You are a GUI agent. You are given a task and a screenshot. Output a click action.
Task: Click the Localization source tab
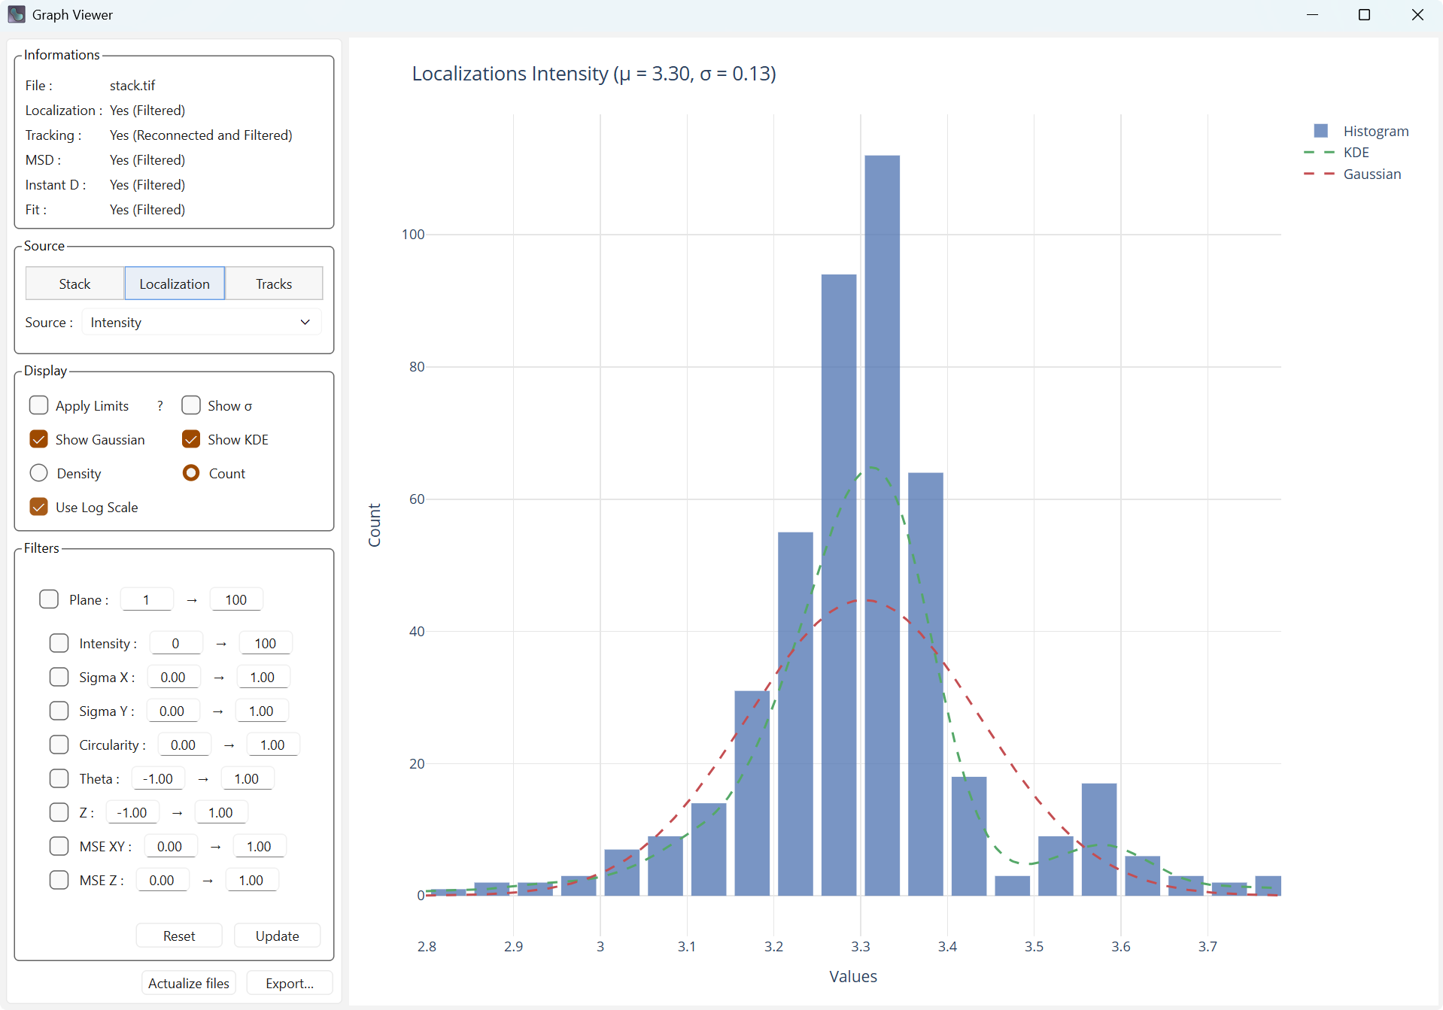tap(175, 284)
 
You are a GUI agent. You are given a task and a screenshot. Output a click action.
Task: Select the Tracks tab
tap(274, 284)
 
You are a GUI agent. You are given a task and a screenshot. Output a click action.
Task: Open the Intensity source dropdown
tap(201, 323)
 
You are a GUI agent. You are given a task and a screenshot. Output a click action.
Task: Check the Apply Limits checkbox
tap(39, 405)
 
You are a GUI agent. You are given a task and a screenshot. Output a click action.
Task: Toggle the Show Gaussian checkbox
tap(39, 439)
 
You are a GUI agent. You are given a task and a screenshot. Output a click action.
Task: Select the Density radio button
tap(39, 473)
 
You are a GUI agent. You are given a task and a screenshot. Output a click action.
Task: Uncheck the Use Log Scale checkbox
tap(39, 507)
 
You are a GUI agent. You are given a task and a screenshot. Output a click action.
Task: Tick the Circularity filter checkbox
tap(59, 745)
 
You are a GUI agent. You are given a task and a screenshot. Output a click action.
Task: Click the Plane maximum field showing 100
tap(235, 599)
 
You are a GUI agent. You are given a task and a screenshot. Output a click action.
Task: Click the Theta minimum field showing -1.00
tap(158, 778)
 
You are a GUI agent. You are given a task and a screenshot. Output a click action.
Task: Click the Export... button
tap(290, 983)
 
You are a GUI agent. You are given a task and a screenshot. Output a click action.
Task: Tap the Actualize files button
tap(189, 983)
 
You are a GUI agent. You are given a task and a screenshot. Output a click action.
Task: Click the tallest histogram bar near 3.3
tap(882, 526)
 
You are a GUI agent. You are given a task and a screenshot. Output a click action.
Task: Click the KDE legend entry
tap(1356, 153)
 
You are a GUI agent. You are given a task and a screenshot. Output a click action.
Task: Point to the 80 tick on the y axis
tap(417, 367)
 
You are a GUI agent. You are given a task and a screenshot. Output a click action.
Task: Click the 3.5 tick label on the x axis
tap(1034, 946)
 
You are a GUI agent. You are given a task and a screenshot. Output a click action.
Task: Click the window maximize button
tap(1364, 15)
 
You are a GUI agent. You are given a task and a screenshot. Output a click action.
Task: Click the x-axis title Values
tap(853, 976)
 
